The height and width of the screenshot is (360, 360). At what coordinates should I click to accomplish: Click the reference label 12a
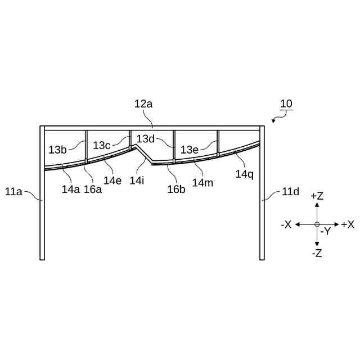[x=143, y=104]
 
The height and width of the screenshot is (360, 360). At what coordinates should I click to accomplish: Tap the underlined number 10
[x=286, y=104]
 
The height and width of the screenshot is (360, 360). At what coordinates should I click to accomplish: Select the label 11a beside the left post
[x=13, y=192]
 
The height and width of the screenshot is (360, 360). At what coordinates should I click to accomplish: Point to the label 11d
[x=290, y=192]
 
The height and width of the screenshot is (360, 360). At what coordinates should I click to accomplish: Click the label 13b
[x=57, y=150]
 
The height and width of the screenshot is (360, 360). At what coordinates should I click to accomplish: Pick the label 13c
[x=102, y=145]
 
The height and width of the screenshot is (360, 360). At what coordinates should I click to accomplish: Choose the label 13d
[x=145, y=138]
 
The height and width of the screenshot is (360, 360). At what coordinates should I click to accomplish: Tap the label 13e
[x=190, y=150]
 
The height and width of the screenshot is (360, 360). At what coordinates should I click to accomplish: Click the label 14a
[x=71, y=189]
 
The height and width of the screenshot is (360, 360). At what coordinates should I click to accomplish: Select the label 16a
[x=93, y=189]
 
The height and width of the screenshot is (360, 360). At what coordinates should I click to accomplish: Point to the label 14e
[x=112, y=181]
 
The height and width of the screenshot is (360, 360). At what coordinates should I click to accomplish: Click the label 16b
[x=176, y=189]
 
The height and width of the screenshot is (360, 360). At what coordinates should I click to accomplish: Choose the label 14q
[x=245, y=174]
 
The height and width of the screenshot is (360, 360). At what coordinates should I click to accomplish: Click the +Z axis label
[x=317, y=196]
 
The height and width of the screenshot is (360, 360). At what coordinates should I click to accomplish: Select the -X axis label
[x=286, y=224]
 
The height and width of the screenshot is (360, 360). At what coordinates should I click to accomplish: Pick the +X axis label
[x=348, y=224]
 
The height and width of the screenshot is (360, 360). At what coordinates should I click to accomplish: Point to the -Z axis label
[x=317, y=253]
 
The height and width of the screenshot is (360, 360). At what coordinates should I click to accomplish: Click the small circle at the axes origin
[x=317, y=224]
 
